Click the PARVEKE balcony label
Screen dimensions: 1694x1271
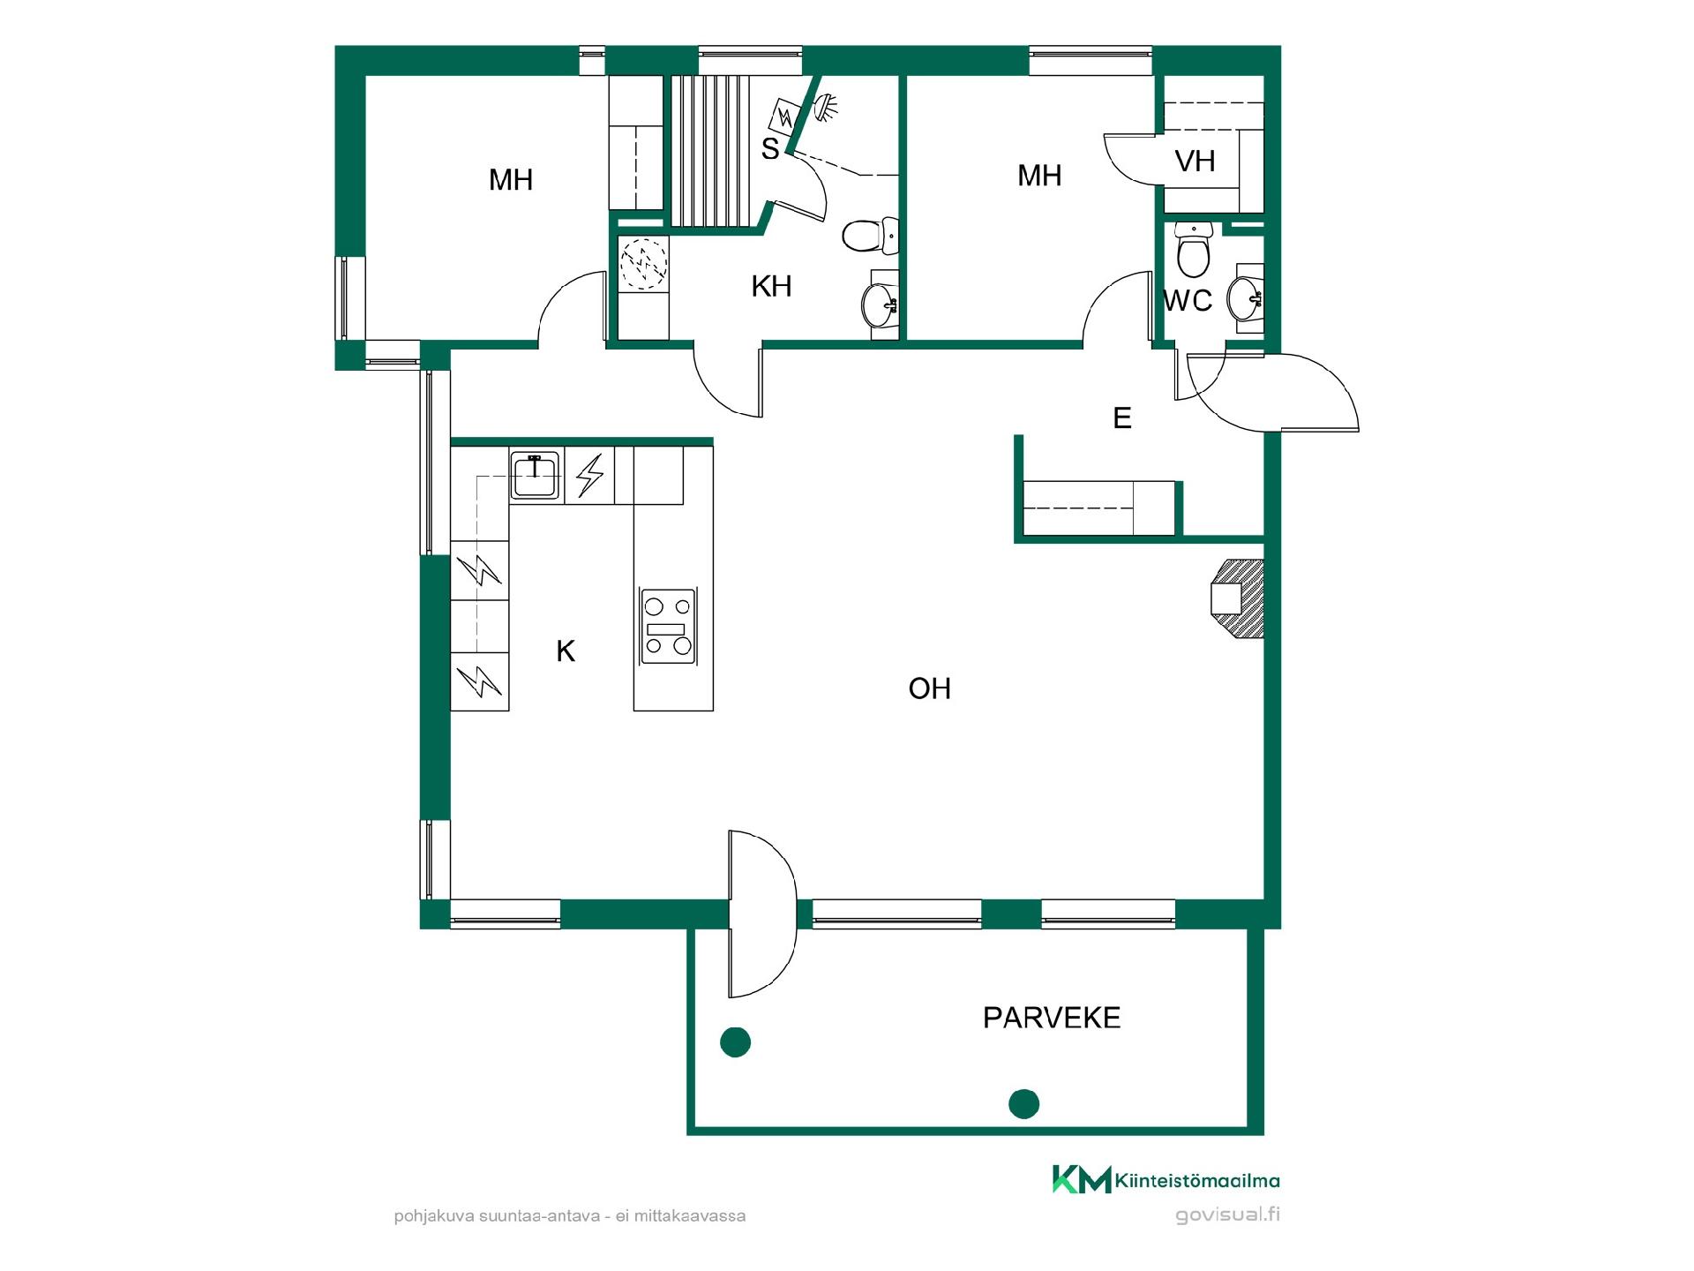[x=1051, y=1018]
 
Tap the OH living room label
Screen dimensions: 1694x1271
[x=930, y=688]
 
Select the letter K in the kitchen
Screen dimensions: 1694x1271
[x=566, y=651]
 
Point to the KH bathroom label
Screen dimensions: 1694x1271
[x=771, y=286]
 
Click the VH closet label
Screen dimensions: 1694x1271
[x=1196, y=162]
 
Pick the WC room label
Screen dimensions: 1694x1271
[x=1188, y=301]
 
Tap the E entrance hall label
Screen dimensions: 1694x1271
[x=1122, y=417]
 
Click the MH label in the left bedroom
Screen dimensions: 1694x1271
[x=511, y=180]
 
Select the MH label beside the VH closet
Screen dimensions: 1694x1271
[x=1039, y=176]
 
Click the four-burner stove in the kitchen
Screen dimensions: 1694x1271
[x=667, y=627]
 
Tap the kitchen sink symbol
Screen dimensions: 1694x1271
[x=535, y=476]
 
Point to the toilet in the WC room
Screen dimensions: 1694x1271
[x=1195, y=249]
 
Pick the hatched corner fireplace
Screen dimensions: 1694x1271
[x=1239, y=598]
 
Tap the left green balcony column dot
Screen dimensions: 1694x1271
[x=735, y=1042]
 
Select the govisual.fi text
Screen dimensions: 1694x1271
[x=1227, y=1215]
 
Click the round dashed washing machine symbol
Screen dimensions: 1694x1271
[x=644, y=263]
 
